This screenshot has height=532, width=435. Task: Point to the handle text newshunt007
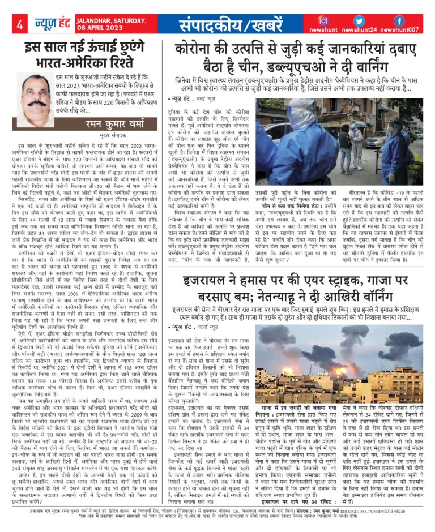[x=400, y=30]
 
